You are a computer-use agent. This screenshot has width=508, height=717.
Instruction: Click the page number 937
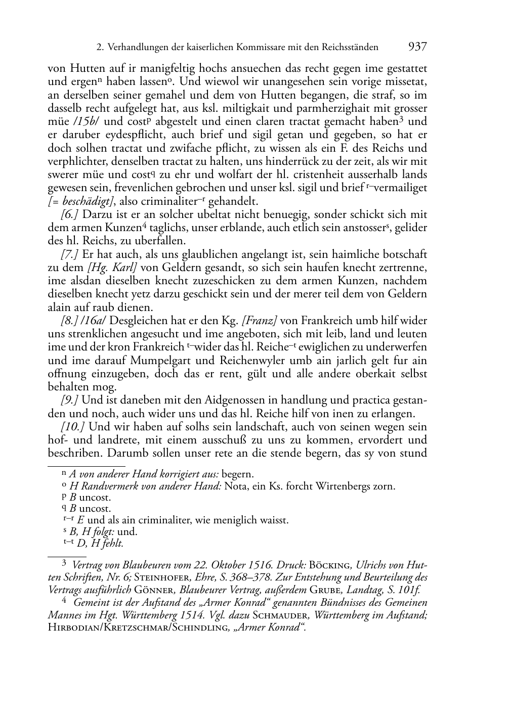417,47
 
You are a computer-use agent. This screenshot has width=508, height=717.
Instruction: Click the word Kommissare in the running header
265,48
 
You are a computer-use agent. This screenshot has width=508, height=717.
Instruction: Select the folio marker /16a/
94,321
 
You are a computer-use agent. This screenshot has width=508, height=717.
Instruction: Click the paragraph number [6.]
69,214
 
